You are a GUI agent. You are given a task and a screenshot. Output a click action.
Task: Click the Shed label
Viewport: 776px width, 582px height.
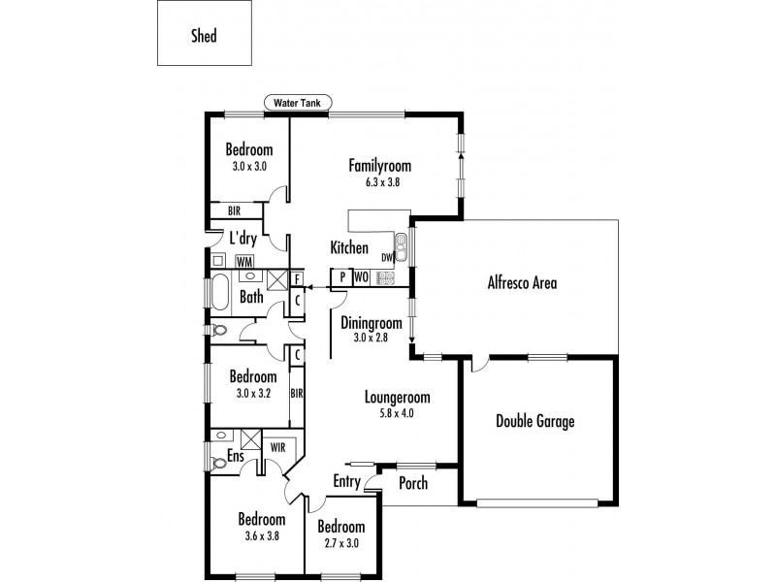(204, 37)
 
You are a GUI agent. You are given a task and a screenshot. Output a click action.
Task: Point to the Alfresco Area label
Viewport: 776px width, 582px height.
(521, 283)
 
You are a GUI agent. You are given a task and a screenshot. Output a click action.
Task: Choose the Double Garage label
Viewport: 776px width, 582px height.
(534, 421)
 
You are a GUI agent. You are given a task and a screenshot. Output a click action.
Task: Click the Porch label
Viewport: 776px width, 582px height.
(413, 483)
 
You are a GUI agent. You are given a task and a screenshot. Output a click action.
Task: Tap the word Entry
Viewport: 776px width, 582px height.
(346, 481)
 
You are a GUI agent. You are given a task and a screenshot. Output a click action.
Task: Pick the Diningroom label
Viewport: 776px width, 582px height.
(372, 323)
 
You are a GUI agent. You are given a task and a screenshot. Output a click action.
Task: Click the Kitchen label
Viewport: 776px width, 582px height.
(349, 247)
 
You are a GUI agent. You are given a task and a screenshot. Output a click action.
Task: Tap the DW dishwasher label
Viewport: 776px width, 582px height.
(386, 257)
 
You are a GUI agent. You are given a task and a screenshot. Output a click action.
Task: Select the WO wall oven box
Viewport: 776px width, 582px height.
(360, 277)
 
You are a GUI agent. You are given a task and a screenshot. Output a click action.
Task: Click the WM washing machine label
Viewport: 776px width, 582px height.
(244, 261)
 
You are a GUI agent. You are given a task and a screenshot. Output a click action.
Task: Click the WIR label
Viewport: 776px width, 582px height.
(277, 447)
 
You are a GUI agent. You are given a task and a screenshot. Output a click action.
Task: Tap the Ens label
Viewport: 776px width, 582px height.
(235, 455)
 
